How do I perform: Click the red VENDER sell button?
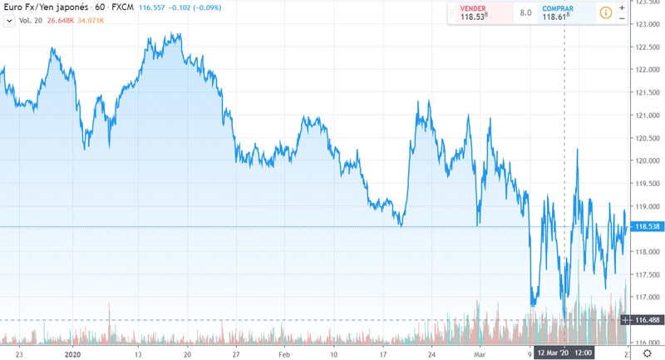coord(474,12)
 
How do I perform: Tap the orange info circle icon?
coord(606,12)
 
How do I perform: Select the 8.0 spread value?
coord(526,12)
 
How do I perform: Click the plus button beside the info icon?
coord(623,7)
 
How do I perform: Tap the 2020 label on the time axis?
coord(74,353)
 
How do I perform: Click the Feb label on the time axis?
coord(285,353)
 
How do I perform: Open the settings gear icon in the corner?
coord(647,353)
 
